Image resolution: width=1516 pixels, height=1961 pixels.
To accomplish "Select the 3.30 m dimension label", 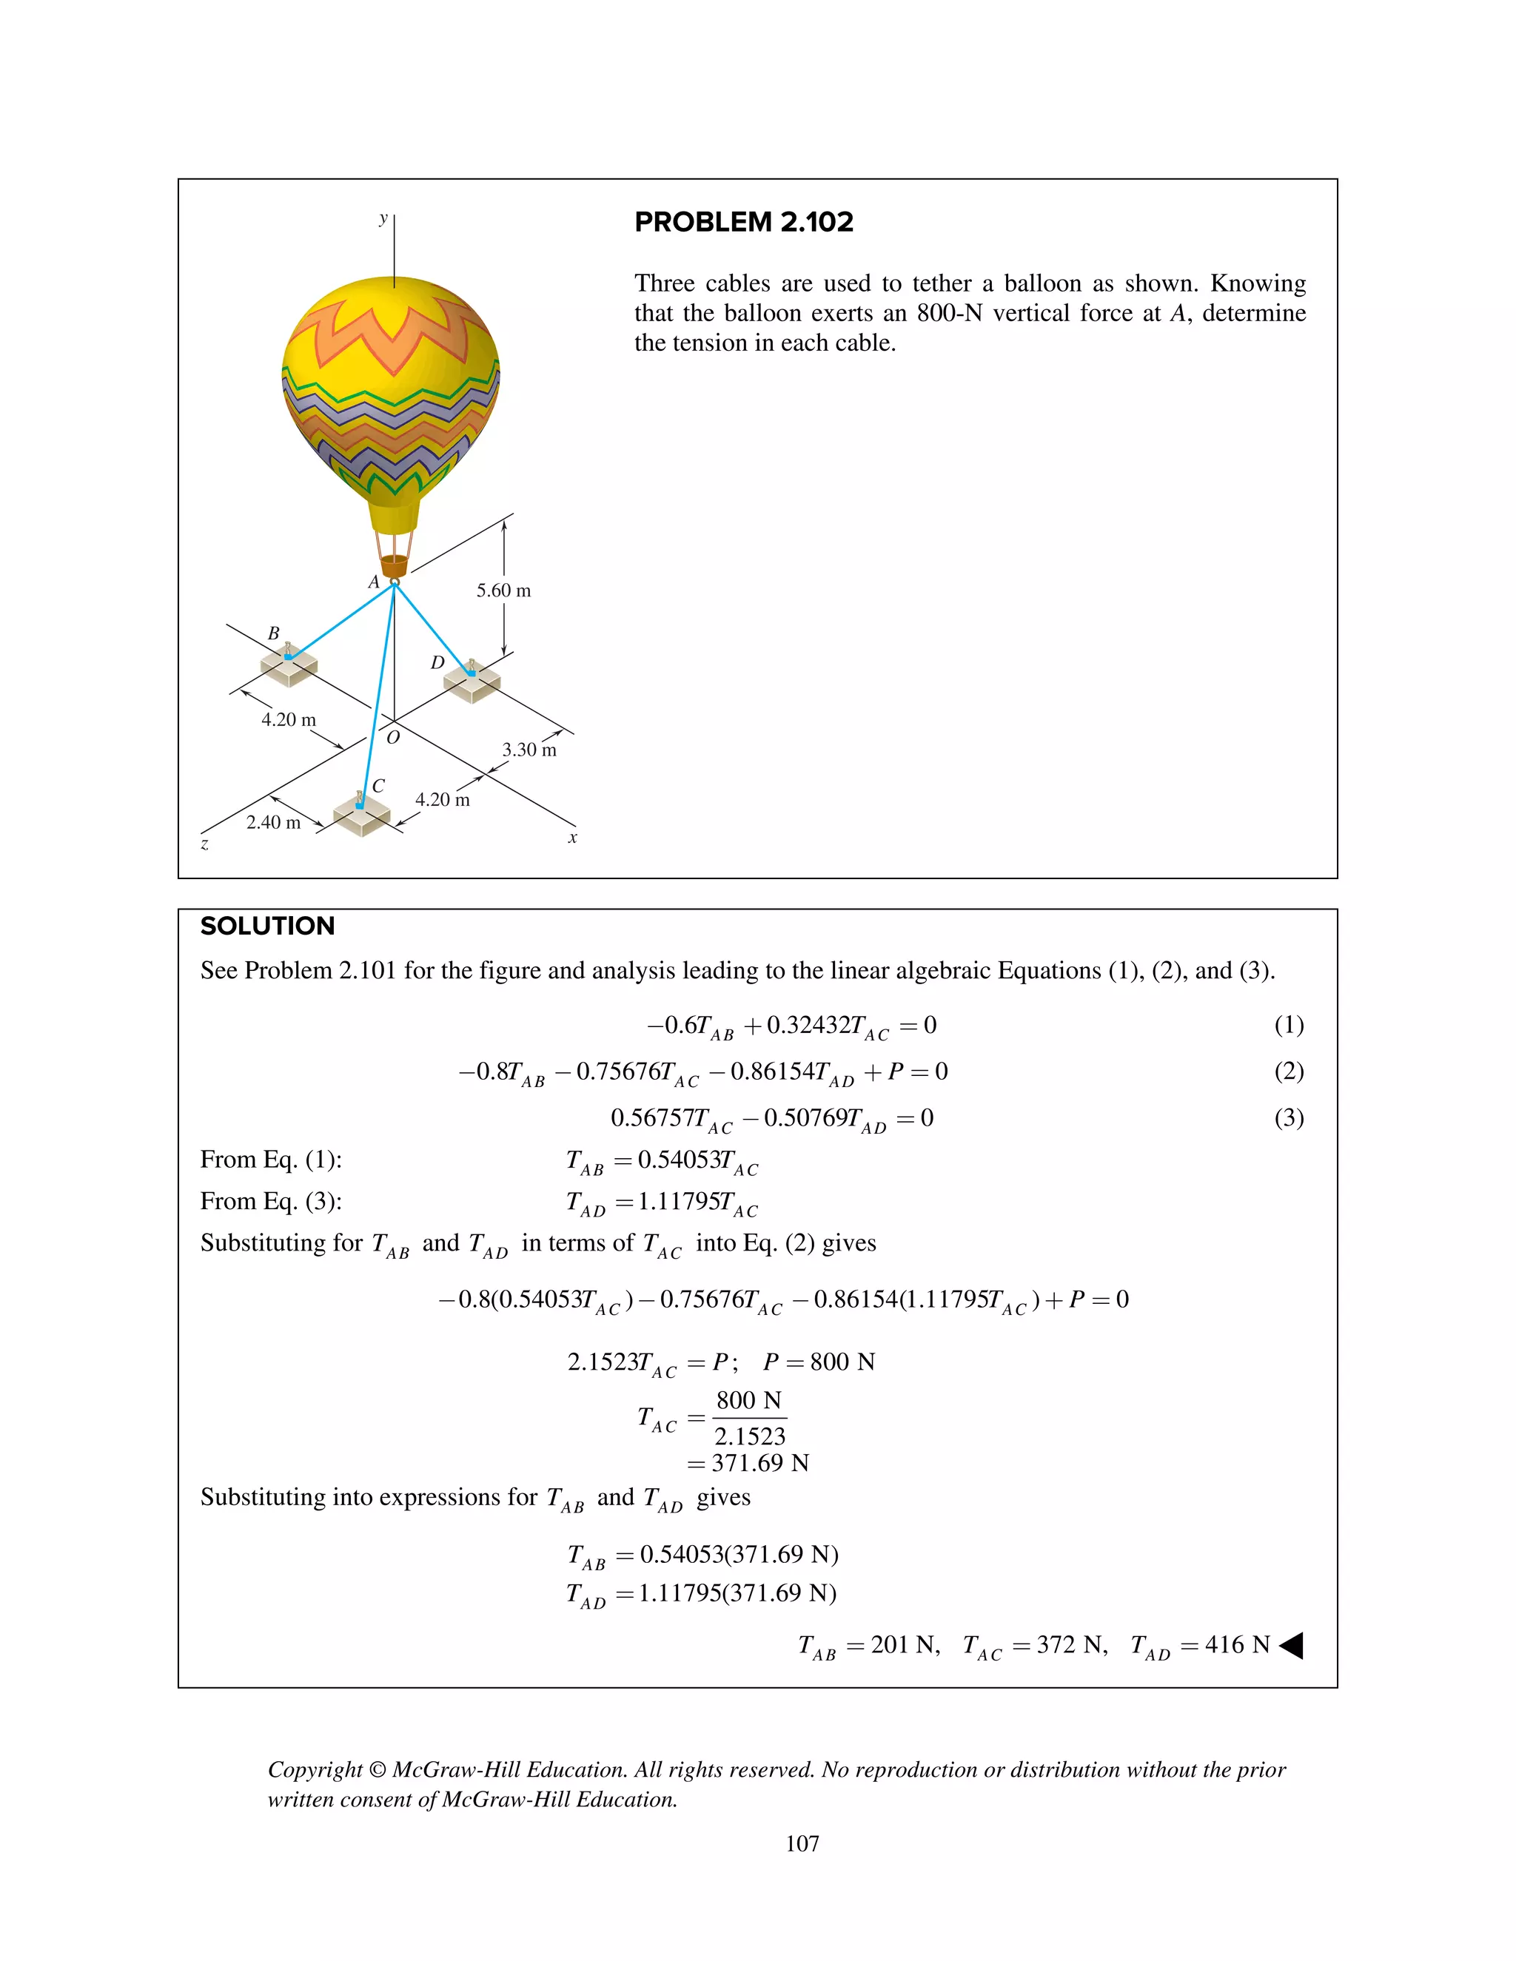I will tap(529, 750).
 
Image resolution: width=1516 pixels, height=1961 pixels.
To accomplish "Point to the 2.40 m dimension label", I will tap(273, 822).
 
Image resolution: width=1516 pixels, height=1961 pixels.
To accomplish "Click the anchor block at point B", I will tap(288, 666).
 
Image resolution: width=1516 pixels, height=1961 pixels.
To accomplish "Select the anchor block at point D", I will tap(472, 682).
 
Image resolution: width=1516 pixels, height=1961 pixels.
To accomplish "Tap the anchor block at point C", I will tap(361, 815).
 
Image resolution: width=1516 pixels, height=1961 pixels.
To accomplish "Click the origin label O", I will tap(392, 737).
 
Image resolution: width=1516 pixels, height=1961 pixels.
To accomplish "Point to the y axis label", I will tap(383, 218).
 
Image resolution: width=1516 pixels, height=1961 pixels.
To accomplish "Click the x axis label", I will tap(572, 838).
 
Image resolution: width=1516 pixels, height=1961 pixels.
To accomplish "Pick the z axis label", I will tap(205, 844).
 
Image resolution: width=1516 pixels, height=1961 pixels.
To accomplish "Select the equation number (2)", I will tap(1288, 1072).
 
